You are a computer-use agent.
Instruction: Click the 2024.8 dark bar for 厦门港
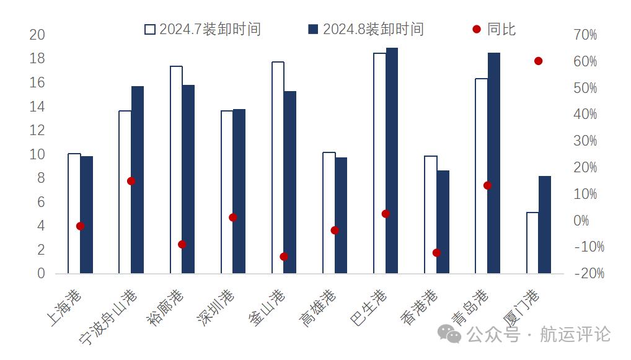click(544, 224)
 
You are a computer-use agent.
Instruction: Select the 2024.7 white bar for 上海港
click(74, 213)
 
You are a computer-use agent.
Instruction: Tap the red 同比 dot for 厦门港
click(538, 61)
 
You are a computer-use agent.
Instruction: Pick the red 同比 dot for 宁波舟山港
click(131, 181)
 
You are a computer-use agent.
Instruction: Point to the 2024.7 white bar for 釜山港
click(278, 167)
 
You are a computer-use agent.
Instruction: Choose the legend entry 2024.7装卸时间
click(203, 29)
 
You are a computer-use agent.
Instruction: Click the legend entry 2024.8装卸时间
click(366, 29)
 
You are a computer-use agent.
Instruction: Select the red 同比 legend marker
click(476, 29)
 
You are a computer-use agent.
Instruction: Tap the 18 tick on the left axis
click(38, 58)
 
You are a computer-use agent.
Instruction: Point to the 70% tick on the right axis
click(585, 35)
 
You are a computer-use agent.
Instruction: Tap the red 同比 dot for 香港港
click(436, 253)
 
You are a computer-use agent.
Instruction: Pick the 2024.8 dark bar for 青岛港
click(493, 163)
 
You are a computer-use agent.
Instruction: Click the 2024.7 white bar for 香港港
click(430, 214)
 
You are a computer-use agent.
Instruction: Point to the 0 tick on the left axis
click(42, 273)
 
